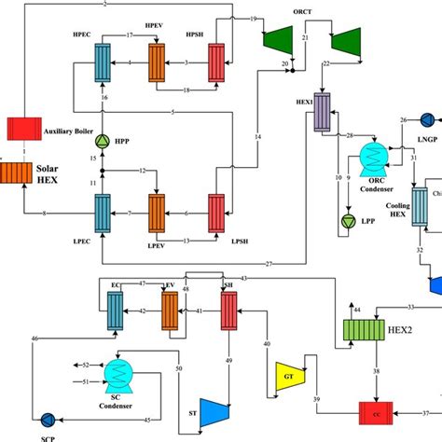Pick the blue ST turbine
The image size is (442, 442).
point(215,407)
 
